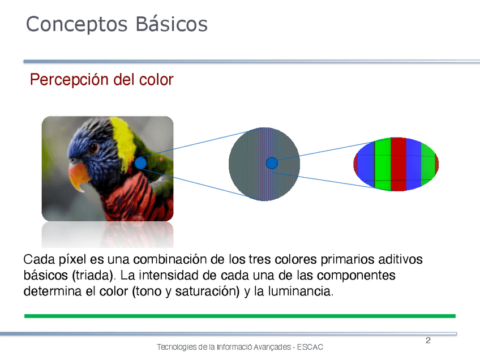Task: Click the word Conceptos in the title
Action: [x=76, y=24]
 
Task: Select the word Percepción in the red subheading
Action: [x=69, y=80]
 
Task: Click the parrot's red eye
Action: [x=93, y=148]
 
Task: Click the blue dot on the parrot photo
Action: [x=140, y=163]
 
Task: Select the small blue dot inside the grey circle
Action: [x=272, y=163]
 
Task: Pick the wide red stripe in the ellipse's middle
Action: [x=398, y=164]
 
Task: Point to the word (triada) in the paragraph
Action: [x=93, y=276]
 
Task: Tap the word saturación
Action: [x=207, y=291]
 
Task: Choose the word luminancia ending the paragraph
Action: [x=301, y=291]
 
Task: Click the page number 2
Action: [x=428, y=340]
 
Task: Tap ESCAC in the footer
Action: [x=310, y=347]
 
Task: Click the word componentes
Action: [x=356, y=276]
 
